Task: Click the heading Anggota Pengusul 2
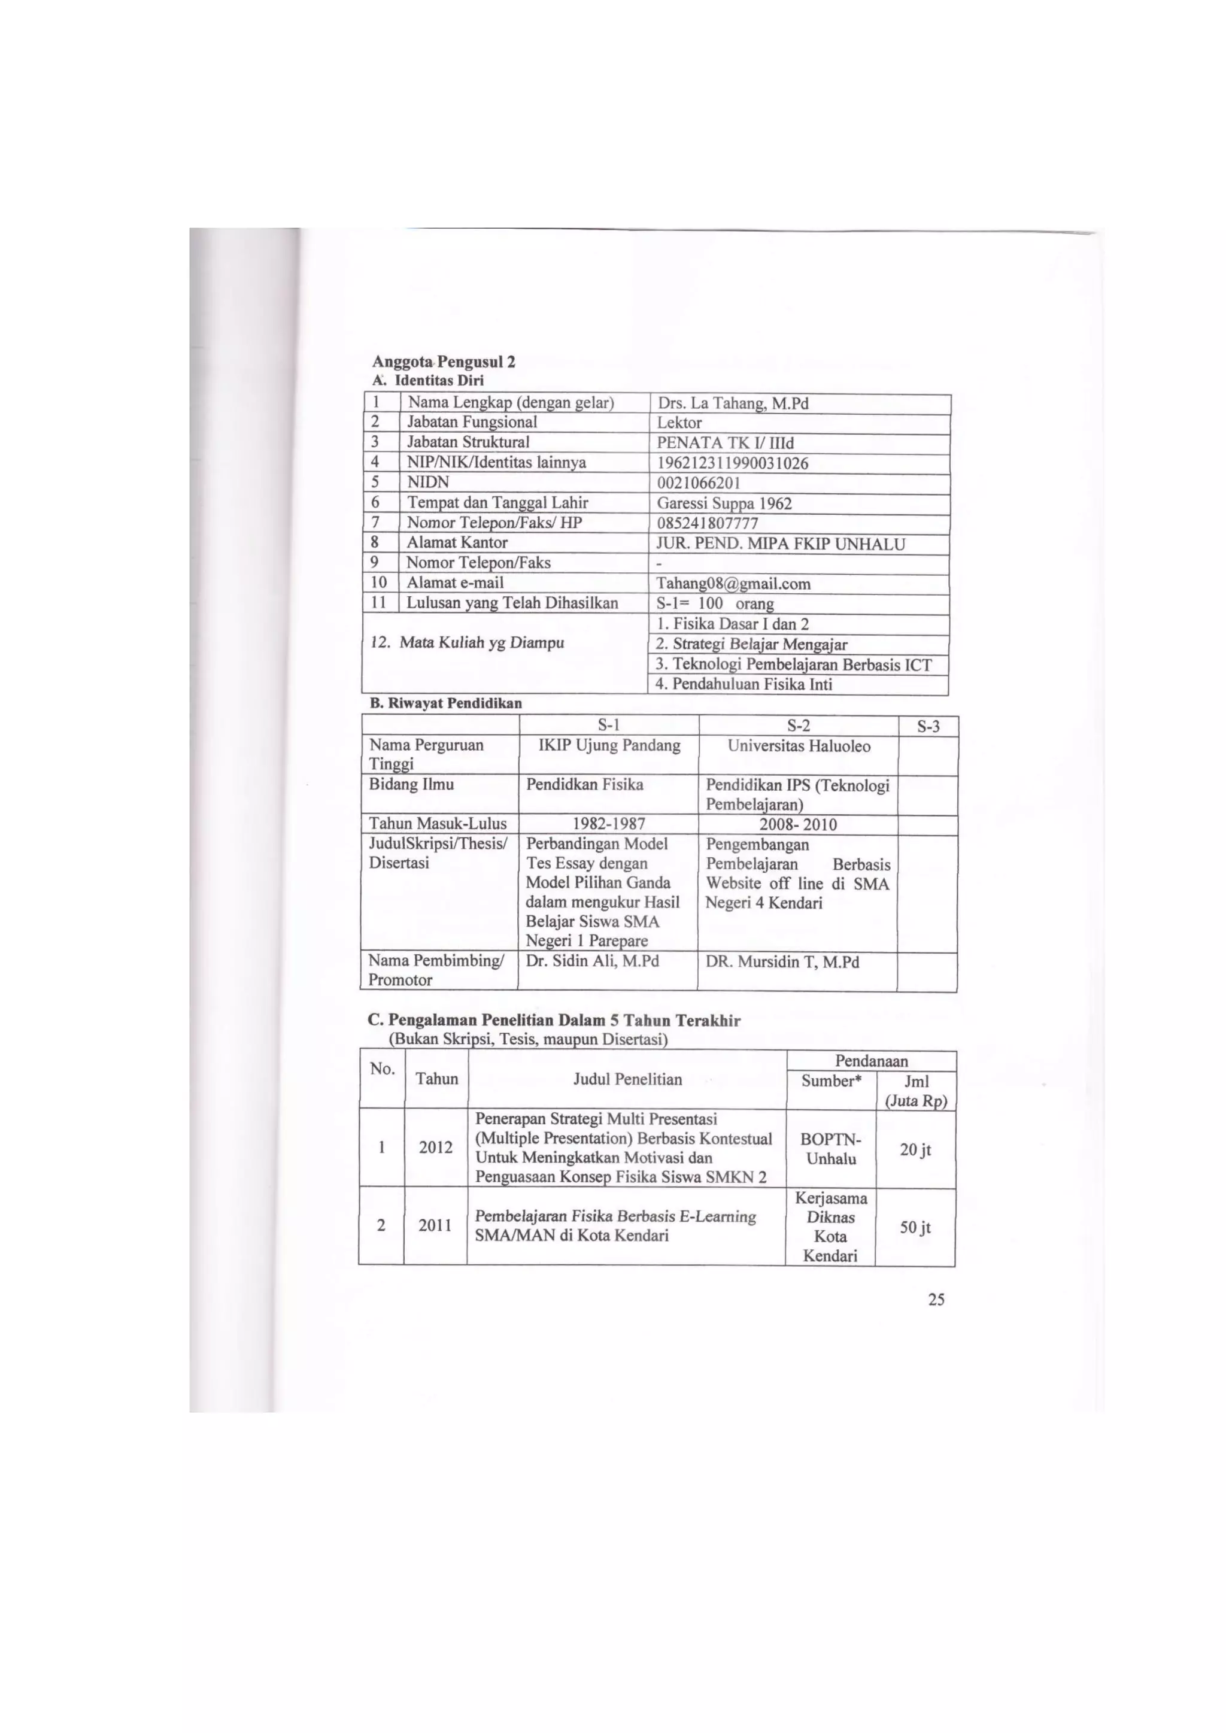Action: (x=444, y=362)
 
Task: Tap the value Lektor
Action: (x=679, y=423)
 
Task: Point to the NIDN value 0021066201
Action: (x=699, y=483)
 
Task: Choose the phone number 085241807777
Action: (x=708, y=523)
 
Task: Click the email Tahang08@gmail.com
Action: (x=734, y=584)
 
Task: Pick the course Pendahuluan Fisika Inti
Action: (x=744, y=685)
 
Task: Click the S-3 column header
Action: (x=928, y=727)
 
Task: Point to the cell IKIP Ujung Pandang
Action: (x=610, y=746)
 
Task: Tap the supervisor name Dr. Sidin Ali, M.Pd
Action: (x=593, y=961)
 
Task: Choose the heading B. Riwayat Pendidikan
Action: (x=446, y=703)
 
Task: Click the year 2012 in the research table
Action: (x=436, y=1148)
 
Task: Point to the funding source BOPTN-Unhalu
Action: (x=831, y=1149)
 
